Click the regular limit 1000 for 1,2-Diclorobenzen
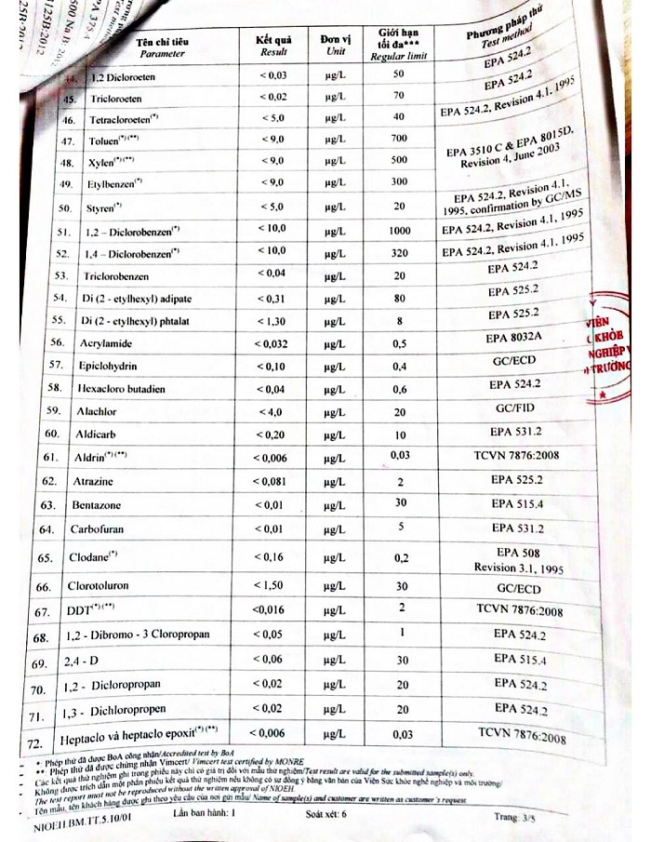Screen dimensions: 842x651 coord(399,231)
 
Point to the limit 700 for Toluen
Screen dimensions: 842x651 coord(400,139)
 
